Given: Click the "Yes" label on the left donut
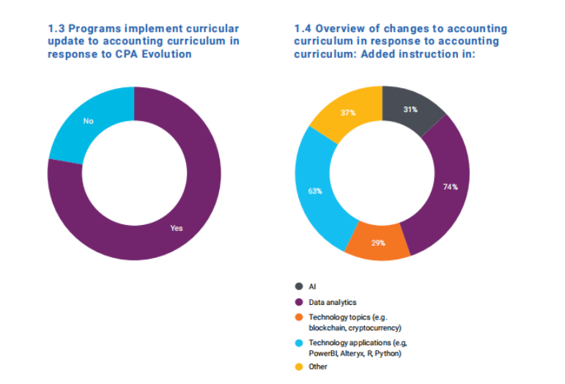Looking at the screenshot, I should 176,228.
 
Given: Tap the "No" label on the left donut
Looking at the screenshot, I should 88,122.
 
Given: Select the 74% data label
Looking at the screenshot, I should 449,187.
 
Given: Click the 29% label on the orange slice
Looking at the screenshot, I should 378,243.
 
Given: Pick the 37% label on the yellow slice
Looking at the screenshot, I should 347,113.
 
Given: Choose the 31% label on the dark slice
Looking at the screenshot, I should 410,110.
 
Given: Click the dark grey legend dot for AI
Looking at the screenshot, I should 298,287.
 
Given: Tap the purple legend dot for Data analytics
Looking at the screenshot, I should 298,301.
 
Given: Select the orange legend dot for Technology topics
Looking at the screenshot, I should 298,317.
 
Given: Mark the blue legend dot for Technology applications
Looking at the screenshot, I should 298,342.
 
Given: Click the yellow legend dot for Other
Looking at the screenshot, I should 298,366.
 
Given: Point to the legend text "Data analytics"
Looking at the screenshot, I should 333,301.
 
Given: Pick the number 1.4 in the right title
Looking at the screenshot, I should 303,29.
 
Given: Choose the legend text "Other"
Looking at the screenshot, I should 319,366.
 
